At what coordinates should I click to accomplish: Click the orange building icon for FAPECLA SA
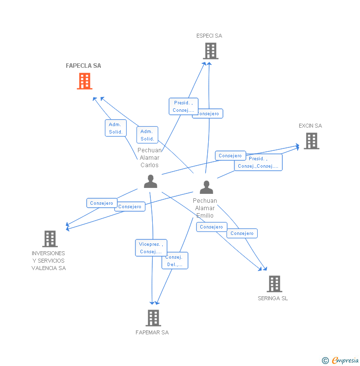85,81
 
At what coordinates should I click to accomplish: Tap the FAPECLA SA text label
84,66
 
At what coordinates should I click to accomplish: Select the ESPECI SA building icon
211,51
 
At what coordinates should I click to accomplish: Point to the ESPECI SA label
209,36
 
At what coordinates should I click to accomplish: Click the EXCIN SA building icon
311,141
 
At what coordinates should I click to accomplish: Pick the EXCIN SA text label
310,126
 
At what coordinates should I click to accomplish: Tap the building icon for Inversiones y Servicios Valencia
50,239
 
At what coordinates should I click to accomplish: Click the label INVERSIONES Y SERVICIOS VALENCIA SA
48,261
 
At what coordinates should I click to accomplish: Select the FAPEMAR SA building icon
153,318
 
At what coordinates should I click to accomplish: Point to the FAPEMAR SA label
152,332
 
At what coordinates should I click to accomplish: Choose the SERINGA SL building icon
274,283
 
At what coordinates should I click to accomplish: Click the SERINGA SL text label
272,298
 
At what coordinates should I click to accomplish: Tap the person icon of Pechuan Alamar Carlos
150,182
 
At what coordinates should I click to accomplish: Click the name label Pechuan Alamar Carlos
149,158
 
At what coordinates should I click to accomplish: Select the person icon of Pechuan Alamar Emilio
206,187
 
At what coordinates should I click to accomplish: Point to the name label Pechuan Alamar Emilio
205,208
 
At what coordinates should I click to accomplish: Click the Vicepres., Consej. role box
151,248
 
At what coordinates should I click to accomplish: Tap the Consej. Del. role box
175,261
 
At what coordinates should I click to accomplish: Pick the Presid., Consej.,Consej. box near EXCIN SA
258,162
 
